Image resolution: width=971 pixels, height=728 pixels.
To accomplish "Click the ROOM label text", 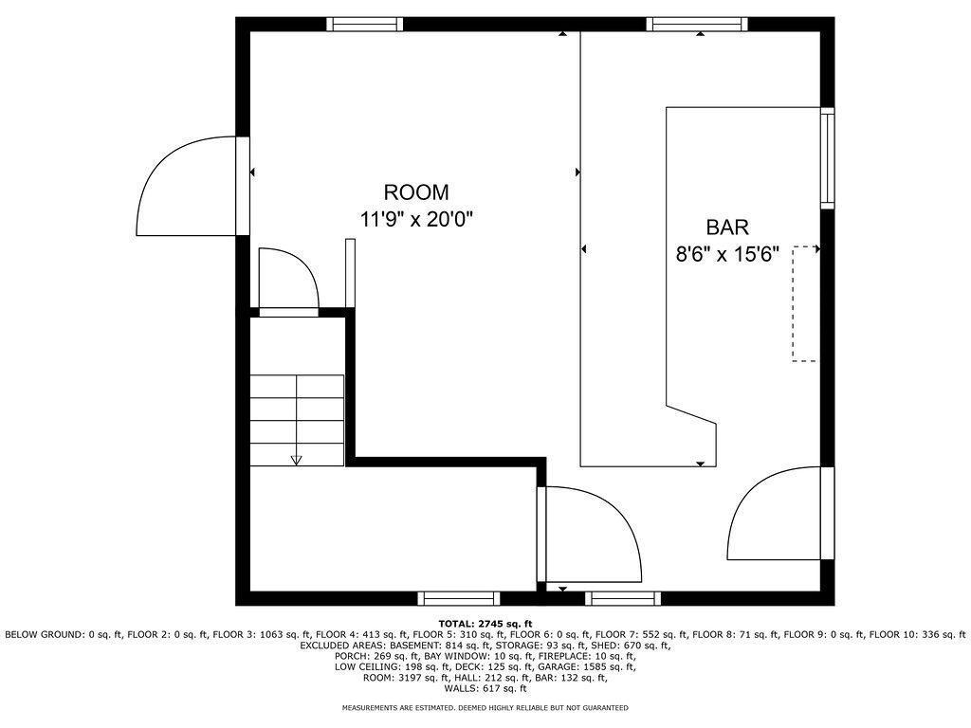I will point(416,192).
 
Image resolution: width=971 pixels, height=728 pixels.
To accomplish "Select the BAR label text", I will point(727,227).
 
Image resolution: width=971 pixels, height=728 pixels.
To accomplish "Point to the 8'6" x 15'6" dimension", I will point(726,254).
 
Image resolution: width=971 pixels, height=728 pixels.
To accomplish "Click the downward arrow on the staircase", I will point(296,459).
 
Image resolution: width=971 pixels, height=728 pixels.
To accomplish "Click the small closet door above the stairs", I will point(289,280).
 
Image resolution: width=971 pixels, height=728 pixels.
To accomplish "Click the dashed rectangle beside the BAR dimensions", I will point(804,303).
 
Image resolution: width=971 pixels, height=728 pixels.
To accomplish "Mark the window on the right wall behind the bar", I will point(827,157).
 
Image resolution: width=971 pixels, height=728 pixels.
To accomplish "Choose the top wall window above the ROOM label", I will point(365,25).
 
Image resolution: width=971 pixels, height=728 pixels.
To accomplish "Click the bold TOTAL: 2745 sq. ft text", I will point(485,624).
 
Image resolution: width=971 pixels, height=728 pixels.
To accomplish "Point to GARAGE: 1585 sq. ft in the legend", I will point(593,667).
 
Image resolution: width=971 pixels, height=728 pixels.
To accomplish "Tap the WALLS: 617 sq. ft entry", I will point(485,689).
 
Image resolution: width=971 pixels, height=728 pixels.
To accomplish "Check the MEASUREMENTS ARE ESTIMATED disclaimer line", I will point(485,708).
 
